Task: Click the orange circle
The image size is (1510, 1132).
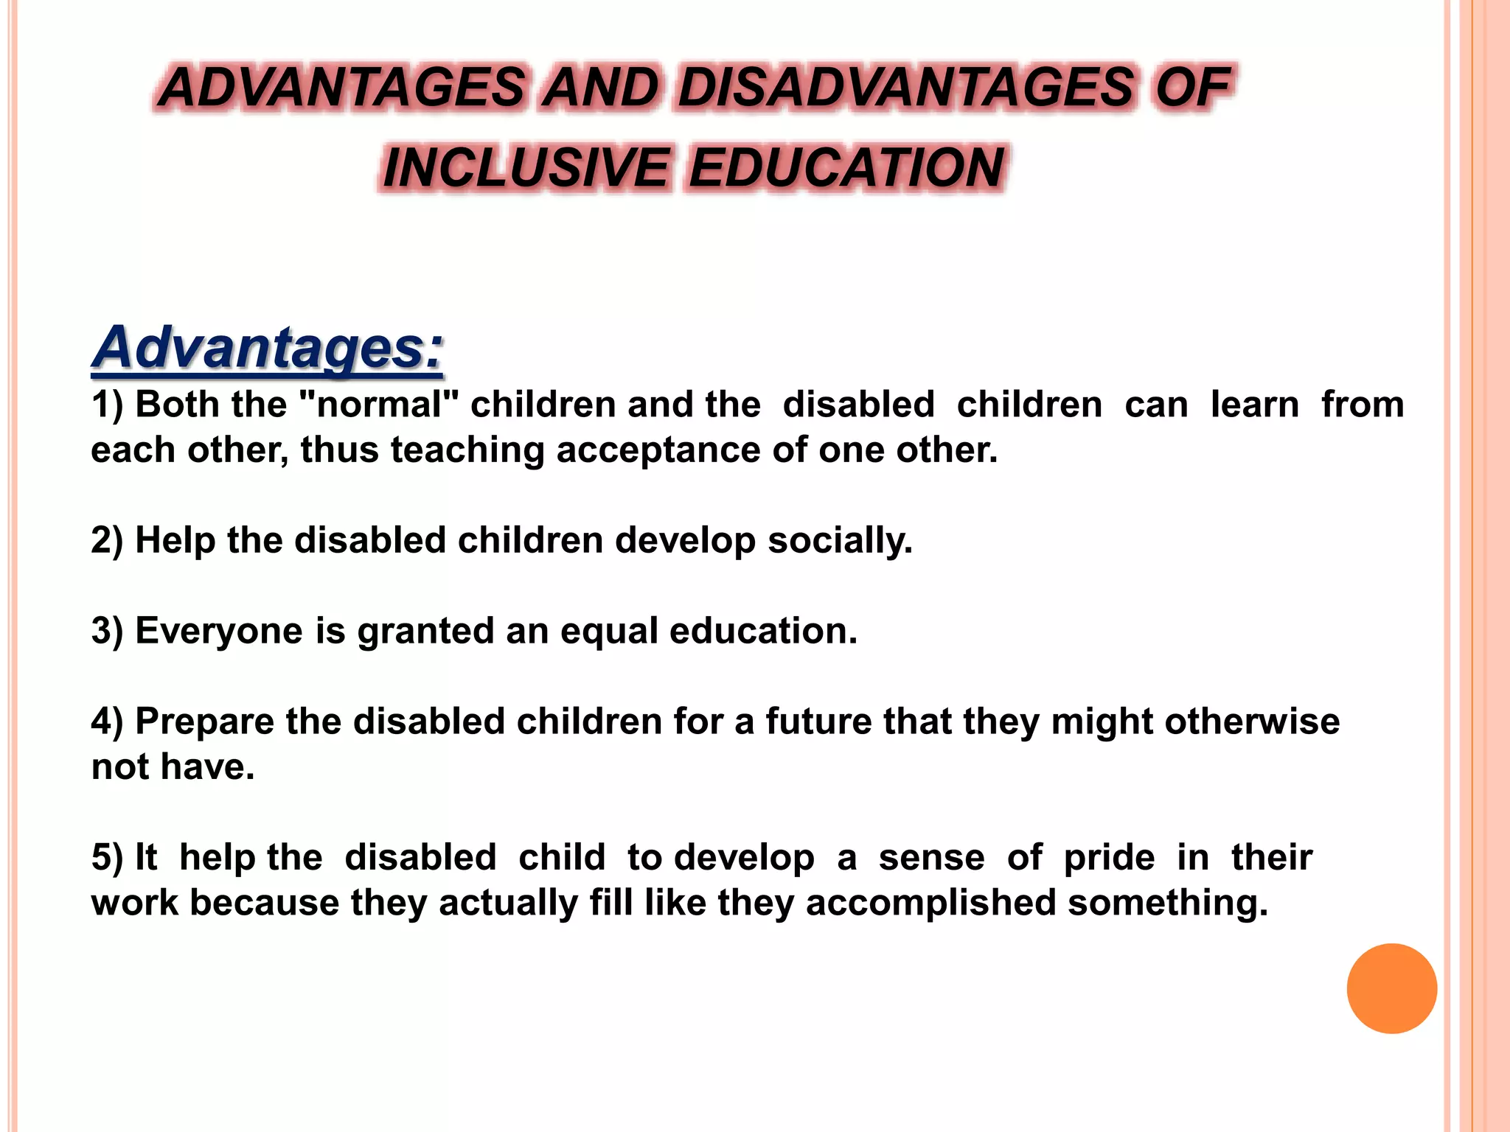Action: pyautogui.click(x=1391, y=988)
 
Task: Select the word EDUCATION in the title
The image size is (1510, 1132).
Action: pyautogui.click(x=846, y=168)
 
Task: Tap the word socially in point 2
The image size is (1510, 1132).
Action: pyautogui.click(x=840, y=541)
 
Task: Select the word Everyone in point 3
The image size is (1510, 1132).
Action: pyautogui.click(x=219, y=632)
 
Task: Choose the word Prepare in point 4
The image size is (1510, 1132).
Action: pyautogui.click(x=204, y=722)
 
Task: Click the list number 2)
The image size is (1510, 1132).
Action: pyautogui.click(x=107, y=541)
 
